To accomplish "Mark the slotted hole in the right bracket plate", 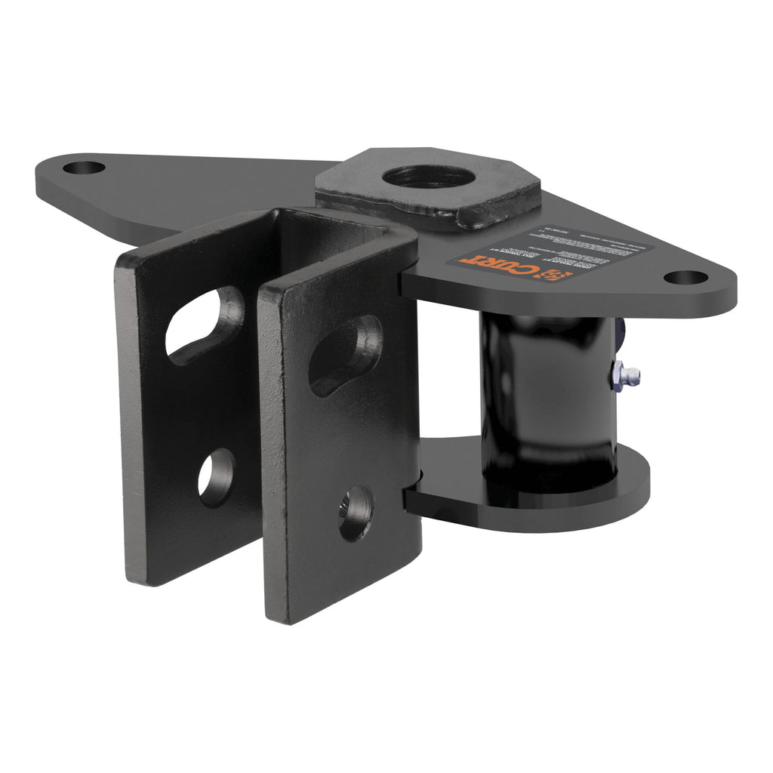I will click(345, 354).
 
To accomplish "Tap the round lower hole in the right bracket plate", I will click(355, 513).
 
